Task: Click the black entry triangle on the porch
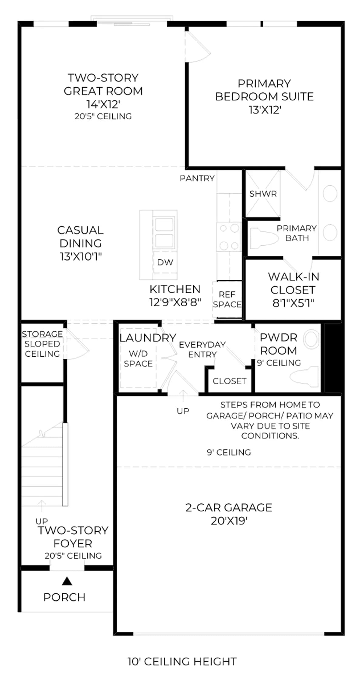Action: (67, 581)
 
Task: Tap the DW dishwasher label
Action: (165, 262)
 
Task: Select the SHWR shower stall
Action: (263, 194)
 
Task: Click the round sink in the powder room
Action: (311, 339)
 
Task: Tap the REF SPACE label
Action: (227, 299)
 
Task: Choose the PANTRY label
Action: (197, 178)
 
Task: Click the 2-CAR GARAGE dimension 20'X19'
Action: (229, 521)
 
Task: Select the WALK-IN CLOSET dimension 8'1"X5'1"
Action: (293, 303)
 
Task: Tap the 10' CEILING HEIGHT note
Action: (182, 662)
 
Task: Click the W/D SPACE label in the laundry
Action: (138, 358)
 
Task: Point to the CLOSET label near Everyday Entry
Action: (229, 381)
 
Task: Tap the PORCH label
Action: (64, 597)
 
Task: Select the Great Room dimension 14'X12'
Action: (103, 105)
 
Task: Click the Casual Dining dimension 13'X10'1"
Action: (81, 257)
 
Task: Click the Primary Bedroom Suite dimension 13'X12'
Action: (265, 110)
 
